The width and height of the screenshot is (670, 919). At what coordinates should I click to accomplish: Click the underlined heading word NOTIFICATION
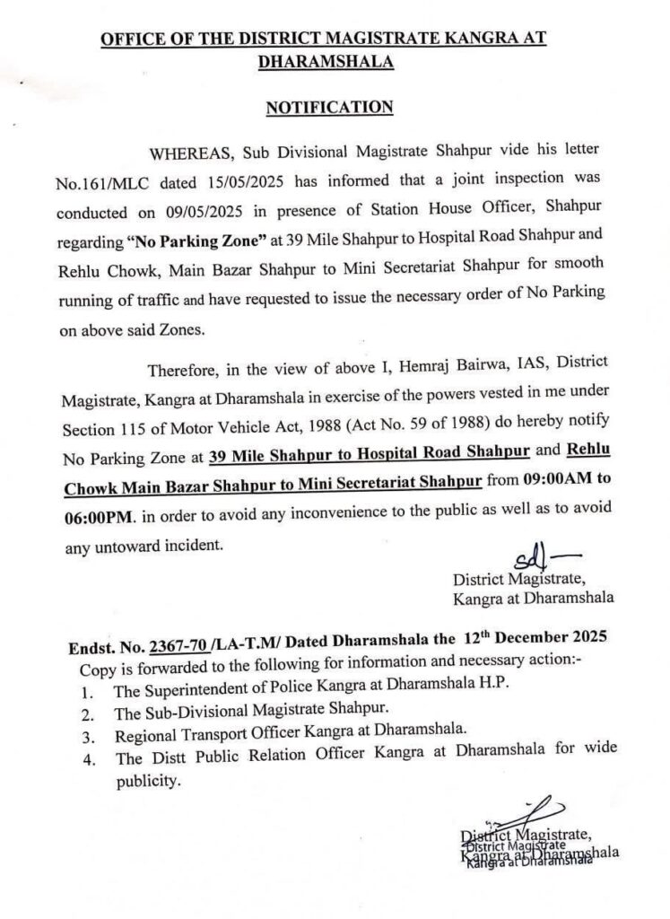[x=330, y=108]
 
